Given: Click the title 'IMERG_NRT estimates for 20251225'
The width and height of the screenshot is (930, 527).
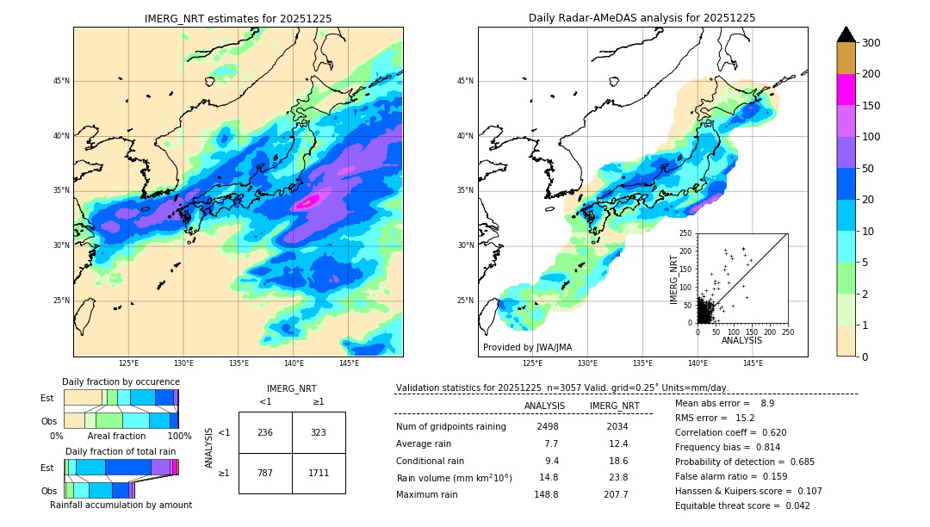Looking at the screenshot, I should (238, 18).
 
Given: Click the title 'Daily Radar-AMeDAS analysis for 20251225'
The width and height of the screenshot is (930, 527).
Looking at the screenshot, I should (642, 18).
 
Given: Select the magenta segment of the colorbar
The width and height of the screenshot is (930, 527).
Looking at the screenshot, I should (846, 90).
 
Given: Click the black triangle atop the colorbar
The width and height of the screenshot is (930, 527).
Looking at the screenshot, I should (846, 34).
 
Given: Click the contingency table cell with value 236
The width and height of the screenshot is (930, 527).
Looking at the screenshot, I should (264, 432).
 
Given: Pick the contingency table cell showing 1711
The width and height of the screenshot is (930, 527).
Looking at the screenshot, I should (318, 473).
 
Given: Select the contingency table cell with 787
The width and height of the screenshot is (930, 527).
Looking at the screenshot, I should (264, 473).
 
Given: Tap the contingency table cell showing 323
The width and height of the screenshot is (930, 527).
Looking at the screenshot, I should (318, 432).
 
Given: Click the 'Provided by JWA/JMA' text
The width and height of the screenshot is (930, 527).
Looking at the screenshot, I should (527, 347).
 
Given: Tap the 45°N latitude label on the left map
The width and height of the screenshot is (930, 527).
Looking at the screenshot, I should (60, 81).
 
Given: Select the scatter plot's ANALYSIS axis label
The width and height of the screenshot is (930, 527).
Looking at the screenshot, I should (741, 340).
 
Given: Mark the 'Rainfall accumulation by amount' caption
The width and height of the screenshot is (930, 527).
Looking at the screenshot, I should (121, 505).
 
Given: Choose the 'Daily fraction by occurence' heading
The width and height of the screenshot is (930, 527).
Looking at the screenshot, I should (121, 381).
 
